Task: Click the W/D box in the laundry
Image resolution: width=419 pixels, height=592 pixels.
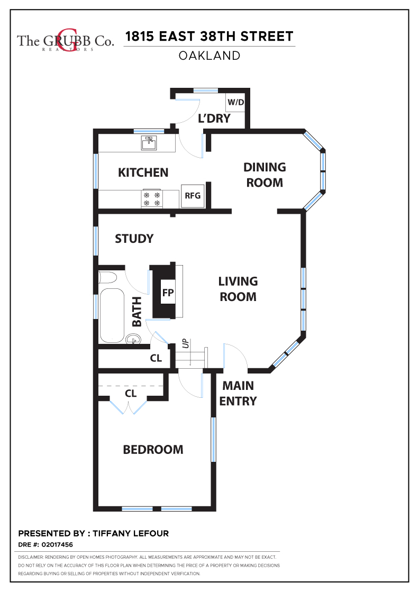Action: pyautogui.click(x=235, y=102)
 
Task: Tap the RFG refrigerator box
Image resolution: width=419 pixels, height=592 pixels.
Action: pyautogui.click(x=193, y=196)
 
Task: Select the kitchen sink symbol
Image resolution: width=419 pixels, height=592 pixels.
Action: pyautogui.click(x=149, y=143)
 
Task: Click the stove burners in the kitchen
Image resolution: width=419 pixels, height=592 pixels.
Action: pyautogui.click(x=151, y=198)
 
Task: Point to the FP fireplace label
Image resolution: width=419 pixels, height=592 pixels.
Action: pyautogui.click(x=168, y=293)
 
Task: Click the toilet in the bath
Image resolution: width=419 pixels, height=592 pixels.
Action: pyautogui.click(x=107, y=278)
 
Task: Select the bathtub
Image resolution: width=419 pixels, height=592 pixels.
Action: pyautogui.click(x=112, y=316)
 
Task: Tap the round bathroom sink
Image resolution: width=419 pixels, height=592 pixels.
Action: pyautogui.click(x=133, y=339)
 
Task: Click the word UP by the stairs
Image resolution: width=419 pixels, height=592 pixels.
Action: pyautogui.click(x=185, y=343)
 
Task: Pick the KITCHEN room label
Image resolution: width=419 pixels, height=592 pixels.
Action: pyautogui.click(x=143, y=172)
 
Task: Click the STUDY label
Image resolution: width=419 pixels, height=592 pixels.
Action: pyautogui.click(x=134, y=239)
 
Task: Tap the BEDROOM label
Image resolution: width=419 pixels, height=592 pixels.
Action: pyautogui.click(x=153, y=450)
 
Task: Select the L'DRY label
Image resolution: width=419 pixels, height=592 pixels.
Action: pyautogui.click(x=214, y=119)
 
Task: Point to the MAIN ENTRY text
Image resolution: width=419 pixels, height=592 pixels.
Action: pyautogui.click(x=238, y=394)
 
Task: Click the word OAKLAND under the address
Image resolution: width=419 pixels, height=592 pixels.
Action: pyautogui.click(x=210, y=56)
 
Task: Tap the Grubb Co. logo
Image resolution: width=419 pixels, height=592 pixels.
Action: pyautogui.click(x=65, y=41)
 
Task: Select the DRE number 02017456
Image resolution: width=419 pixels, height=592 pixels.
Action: pyautogui.click(x=57, y=545)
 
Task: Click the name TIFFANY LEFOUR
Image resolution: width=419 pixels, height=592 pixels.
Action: pyautogui.click(x=131, y=533)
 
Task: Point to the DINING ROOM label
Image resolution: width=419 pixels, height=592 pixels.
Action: pyautogui.click(x=265, y=175)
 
